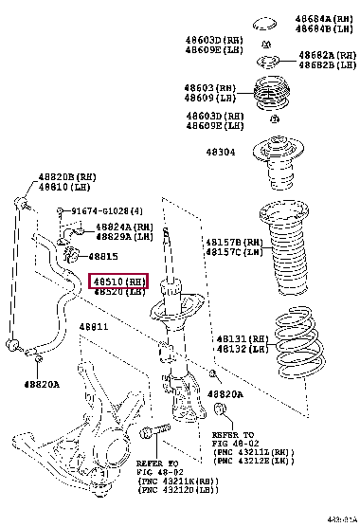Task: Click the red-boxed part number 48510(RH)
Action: tap(118, 282)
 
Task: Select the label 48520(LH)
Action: tap(118, 292)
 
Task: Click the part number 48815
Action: tap(103, 256)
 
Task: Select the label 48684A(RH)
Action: tap(323, 18)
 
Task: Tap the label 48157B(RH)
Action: tap(232, 243)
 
